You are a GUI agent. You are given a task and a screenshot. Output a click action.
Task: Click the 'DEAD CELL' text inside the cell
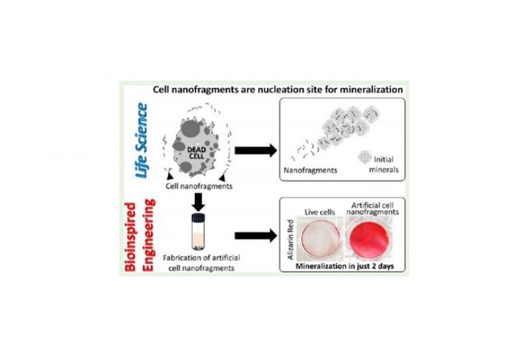(x=196, y=153)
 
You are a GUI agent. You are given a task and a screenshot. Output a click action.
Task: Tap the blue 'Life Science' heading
(x=142, y=140)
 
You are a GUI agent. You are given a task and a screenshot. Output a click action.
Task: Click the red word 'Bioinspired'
(x=130, y=237)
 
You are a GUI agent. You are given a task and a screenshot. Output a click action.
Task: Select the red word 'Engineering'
(x=148, y=235)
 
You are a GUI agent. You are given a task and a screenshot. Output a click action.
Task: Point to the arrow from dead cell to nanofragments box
(x=256, y=150)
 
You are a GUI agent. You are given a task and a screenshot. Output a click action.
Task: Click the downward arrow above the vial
(x=198, y=202)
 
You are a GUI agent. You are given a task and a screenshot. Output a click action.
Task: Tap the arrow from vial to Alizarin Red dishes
(x=256, y=236)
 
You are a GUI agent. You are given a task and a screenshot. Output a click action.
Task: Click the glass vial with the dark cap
(x=198, y=232)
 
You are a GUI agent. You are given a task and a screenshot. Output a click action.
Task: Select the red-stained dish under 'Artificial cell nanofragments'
(x=368, y=238)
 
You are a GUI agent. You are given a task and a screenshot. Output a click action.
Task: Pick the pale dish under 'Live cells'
(x=319, y=238)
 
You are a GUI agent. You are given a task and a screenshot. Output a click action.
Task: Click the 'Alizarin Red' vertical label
(x=291, y=240)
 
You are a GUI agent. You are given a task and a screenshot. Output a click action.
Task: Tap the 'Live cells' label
(x=320, y=212)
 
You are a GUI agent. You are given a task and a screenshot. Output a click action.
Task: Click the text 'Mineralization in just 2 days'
(x=344, y=266)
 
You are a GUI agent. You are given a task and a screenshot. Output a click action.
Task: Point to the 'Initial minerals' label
(x=384, y=164)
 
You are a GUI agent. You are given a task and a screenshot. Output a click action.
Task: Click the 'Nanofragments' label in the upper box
(x=311, y=170)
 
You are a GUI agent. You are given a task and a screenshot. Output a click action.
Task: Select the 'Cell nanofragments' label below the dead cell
(x=199, y=186)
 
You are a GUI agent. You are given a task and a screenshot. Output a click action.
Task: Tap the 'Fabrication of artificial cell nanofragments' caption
(x=201, y=263)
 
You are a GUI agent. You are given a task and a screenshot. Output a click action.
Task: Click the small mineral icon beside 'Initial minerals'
(x=364, y=157)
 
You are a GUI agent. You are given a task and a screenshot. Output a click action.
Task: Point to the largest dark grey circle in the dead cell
(x=191, y=128)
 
